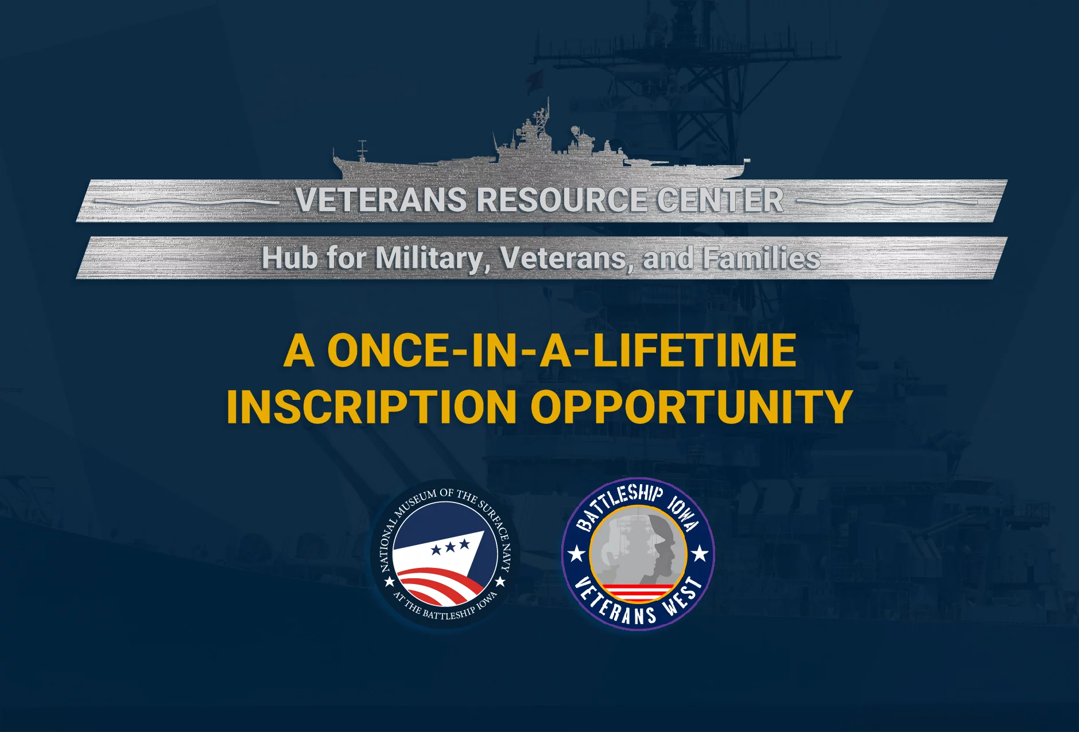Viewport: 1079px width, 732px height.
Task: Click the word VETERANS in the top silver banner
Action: tap(381, 200)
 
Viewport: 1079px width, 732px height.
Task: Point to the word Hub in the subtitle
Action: tap(289, 258)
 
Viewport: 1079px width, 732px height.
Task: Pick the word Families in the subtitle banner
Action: tap(762, 258)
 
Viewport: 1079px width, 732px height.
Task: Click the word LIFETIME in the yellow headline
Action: tap(694, 351)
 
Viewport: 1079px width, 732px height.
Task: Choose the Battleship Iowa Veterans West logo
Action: tap(638, 554)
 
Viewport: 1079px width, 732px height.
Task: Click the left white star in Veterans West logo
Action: tap(576, 554)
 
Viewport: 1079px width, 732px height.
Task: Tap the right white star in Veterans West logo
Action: tap(700, 554)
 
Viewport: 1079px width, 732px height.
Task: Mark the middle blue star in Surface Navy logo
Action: tap(451, 547)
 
